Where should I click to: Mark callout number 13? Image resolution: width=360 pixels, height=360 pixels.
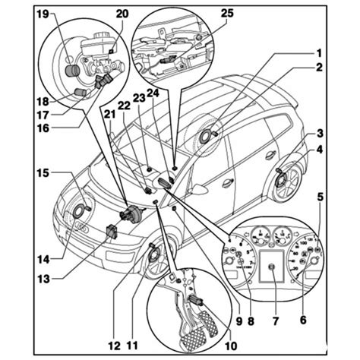(x=45, y=279)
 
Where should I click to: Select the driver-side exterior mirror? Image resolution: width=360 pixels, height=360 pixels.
(x=166, y=182)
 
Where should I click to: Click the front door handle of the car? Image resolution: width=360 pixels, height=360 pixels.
(x=227, y=182)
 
